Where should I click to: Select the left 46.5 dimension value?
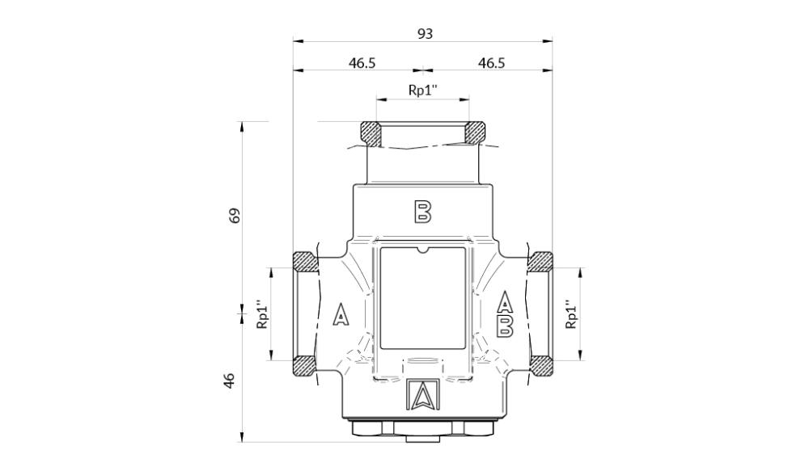[362, 63]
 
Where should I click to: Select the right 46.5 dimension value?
[491, 63]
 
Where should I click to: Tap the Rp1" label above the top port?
[422, 90]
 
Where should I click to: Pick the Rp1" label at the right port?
[571, 314]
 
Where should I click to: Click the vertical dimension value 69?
[235, 216]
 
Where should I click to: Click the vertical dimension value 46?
[230, 379]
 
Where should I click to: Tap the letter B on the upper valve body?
[422, 212]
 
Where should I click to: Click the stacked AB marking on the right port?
[505, 313]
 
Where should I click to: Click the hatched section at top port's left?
[371, 132]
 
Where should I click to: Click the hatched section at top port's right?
[475, 132]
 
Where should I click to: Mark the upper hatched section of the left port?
[304, 261]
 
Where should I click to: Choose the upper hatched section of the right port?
[540, 261]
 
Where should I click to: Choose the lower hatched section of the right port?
[540, 365]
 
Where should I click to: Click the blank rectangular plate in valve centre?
[422, 297]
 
